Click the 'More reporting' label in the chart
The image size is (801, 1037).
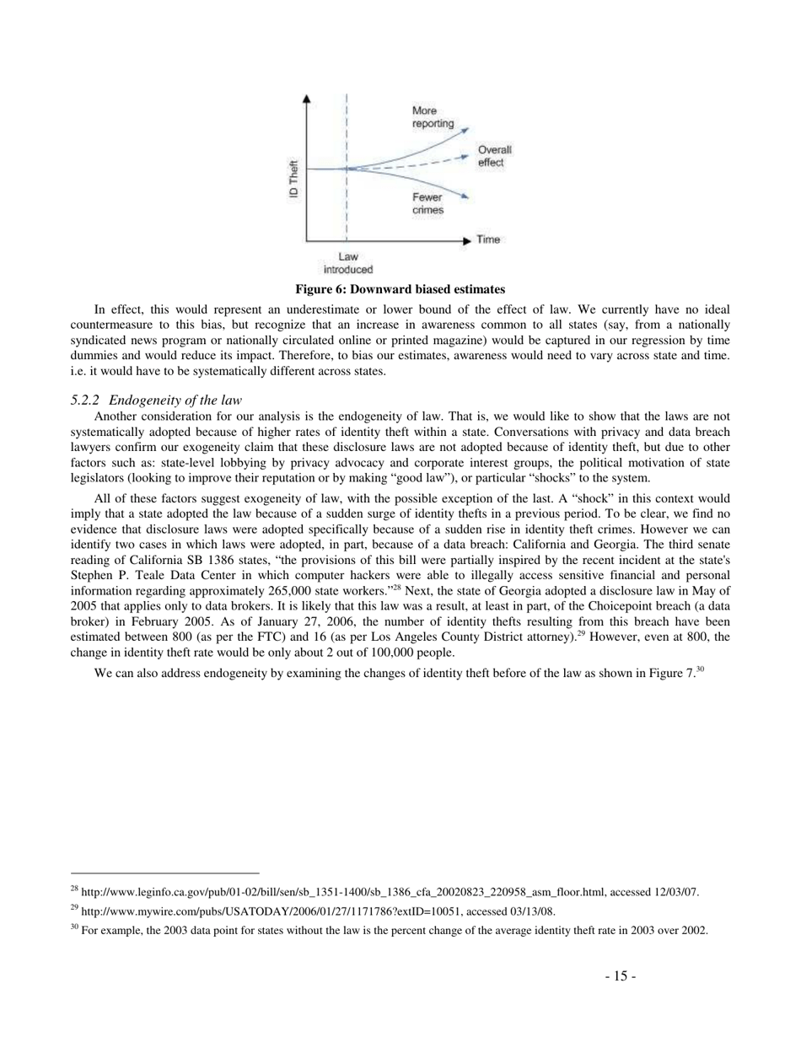point(433,117)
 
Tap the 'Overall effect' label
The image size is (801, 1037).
point(494,156)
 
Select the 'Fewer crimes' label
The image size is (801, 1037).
point(427,203)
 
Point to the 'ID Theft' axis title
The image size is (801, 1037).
point(293,178)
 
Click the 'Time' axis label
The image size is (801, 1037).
point(488,239)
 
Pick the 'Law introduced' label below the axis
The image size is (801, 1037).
point(347,263)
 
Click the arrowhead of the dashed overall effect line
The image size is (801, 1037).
point(465,155)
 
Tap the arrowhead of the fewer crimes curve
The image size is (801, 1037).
point(465,196)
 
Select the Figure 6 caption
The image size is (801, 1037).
point(400,289)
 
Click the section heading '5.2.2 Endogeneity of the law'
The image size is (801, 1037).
point(157,400)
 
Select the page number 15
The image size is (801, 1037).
point(620,976)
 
